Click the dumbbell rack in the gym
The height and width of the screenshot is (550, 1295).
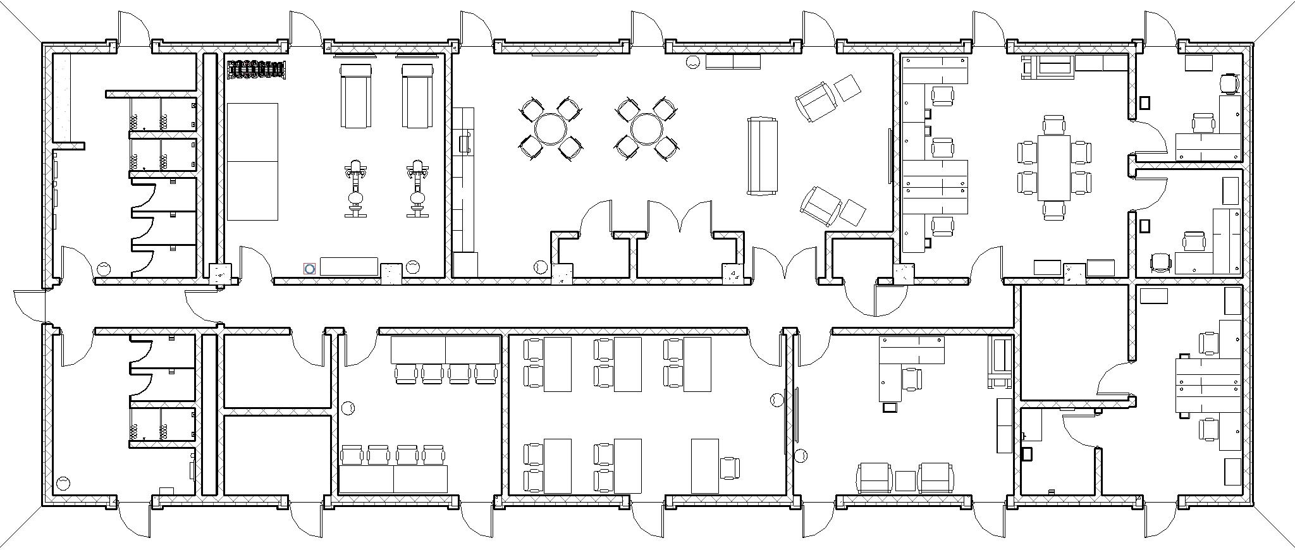256,70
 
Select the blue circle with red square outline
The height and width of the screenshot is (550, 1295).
309,269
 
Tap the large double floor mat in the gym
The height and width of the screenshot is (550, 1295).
252,161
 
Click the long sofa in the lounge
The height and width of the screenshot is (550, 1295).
762,155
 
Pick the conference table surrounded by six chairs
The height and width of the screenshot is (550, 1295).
1054,168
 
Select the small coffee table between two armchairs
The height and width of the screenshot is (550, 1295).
905,480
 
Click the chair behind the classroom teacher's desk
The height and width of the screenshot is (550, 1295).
729,467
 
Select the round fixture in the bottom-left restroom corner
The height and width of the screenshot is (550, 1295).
63,484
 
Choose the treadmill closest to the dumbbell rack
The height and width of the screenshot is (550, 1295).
356,95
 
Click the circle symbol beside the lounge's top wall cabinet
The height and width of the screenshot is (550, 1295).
693,62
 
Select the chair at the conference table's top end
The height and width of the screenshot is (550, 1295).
1054,125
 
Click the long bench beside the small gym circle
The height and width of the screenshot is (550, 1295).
348,266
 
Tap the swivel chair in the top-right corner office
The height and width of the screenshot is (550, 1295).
1229,83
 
